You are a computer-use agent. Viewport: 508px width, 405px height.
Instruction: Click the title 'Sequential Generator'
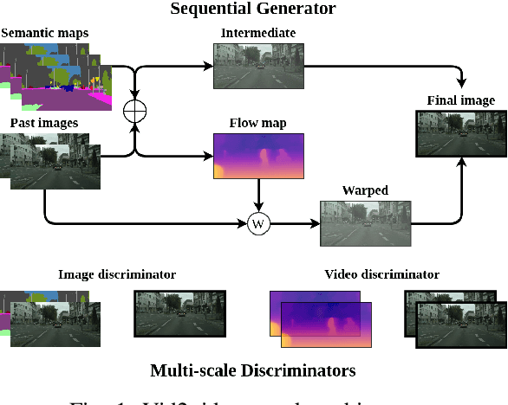(x=253, y=10)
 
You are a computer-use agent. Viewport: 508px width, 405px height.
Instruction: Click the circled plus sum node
(x=135, y=111)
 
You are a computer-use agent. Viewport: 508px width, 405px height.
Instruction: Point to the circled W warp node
(x=257, y=223)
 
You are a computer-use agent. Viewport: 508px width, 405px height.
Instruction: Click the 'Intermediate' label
(x=257, y=34)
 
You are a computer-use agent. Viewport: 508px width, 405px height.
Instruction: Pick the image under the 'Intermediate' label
(x=257, y=66)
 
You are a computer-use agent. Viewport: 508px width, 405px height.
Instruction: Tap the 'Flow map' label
(x=257, y=123)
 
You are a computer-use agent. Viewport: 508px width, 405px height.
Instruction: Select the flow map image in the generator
(x=257, y=156)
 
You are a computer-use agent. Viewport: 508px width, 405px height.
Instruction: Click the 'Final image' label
(x=460, y=100)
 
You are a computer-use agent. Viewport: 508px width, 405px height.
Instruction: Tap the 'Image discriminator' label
(x=117, y=274)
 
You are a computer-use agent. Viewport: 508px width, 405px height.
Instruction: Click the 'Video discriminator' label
(x=381, y=274)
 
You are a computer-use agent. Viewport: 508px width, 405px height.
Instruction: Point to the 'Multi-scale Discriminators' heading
(x=253, y=370)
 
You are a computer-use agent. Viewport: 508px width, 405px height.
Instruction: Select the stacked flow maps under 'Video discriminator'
(x=321, y=313)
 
